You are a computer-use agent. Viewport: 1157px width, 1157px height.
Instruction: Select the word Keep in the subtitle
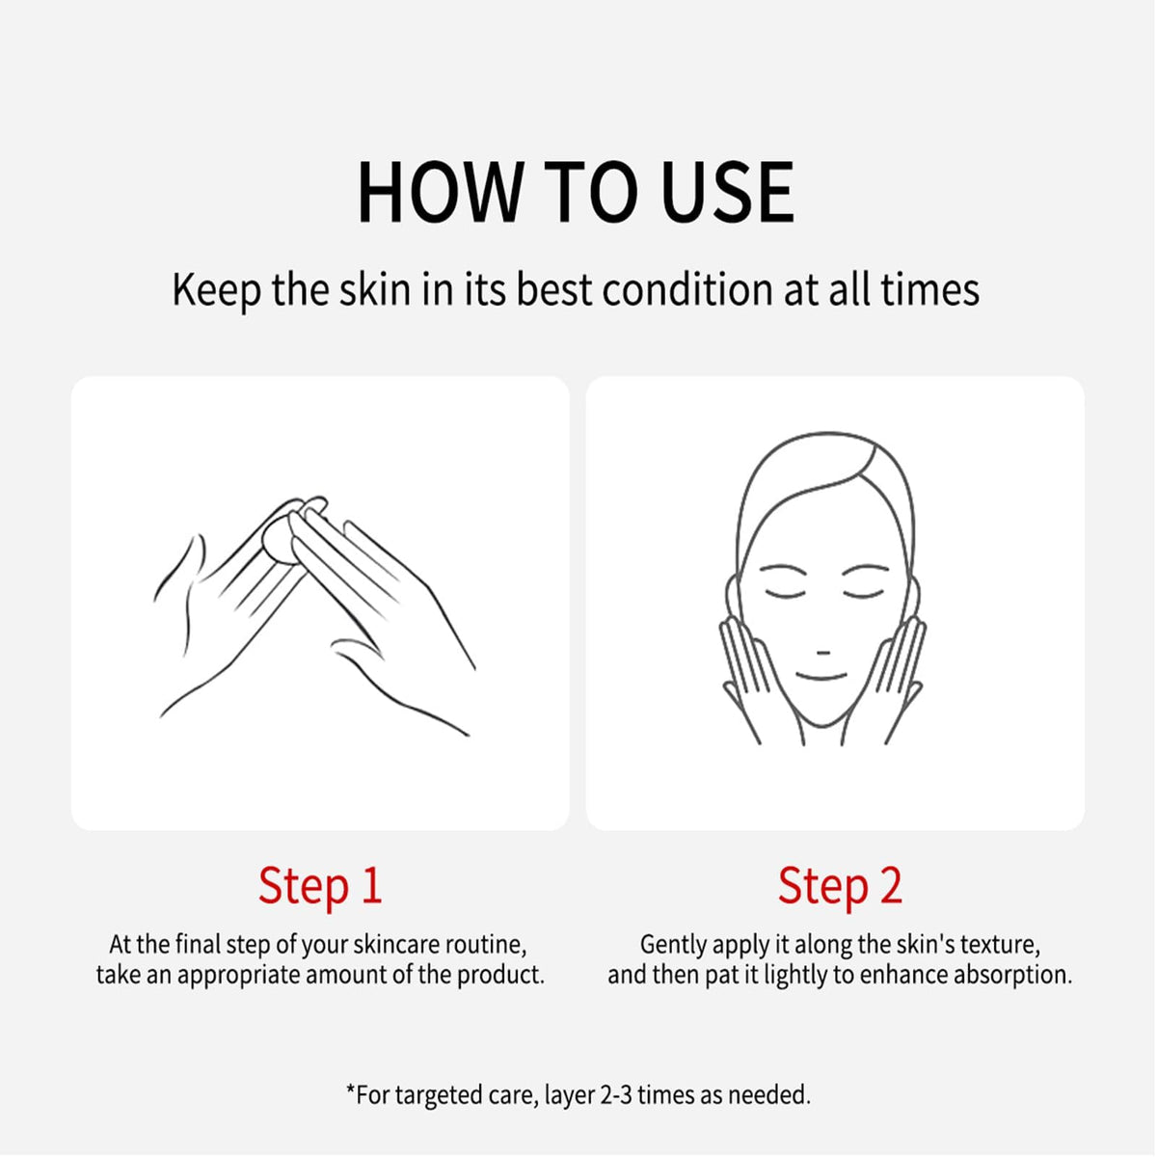(x=216, y=290)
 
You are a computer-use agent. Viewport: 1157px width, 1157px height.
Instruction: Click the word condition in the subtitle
(x=687, y=289)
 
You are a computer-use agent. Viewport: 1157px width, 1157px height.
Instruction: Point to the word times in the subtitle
(x=930, y=289)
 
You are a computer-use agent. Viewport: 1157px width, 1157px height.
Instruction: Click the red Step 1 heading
(x=320, y=886)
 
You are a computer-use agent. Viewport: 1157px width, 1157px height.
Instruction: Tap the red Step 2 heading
(x=840, y=886)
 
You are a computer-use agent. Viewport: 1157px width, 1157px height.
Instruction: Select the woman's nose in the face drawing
(x=823, y=652)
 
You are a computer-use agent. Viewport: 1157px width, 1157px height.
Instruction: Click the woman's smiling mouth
(x=821, y=678)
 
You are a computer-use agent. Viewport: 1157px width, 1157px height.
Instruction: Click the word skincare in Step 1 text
(x=396, y=945)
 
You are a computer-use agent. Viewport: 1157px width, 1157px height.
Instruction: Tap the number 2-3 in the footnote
(x=616, y=1095)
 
